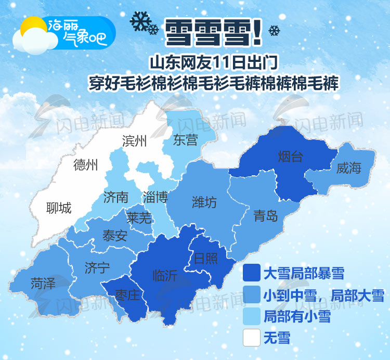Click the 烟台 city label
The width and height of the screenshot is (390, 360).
point(290,156)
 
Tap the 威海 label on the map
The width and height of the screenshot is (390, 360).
point(348,168)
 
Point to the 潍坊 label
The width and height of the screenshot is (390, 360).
point(204,201)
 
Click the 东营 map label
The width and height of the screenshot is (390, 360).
point(186,139)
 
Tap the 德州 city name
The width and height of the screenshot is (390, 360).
point(85,165)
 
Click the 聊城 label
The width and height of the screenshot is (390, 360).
point(59,208)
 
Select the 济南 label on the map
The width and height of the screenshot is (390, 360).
point(115,197)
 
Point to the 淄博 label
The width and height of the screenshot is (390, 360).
point(155,197)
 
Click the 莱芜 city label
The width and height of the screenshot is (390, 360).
point(139,217)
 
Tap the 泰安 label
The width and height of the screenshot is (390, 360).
point(114,236)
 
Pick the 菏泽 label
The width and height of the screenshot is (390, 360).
point(43,283)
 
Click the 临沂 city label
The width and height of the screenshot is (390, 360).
point(165,275)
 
